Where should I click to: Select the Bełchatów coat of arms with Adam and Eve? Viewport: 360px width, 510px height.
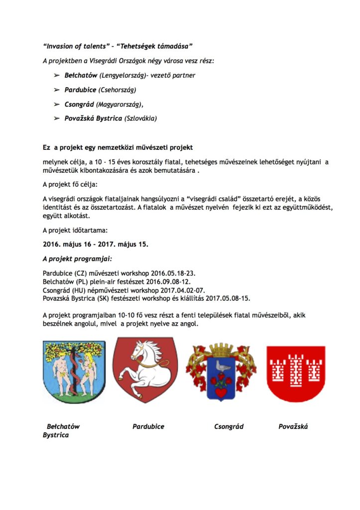tap(74, 371)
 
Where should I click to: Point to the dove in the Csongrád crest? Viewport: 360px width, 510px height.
tap(222, 367)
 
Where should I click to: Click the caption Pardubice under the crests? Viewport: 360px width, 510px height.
tap(148, 426)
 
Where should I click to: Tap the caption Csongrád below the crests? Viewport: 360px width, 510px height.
tap(229, 426)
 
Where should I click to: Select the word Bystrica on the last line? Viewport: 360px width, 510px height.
tap(56, 435)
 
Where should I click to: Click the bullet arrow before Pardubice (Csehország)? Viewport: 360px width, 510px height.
tap(56, 90)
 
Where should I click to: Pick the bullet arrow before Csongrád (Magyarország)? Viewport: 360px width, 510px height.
tap(56, 104)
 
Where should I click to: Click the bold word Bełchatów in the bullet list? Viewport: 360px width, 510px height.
tap(81, 76)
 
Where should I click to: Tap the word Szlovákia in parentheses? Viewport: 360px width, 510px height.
tap(140, 119)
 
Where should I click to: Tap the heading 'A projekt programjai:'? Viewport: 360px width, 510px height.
tap(77, 259)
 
